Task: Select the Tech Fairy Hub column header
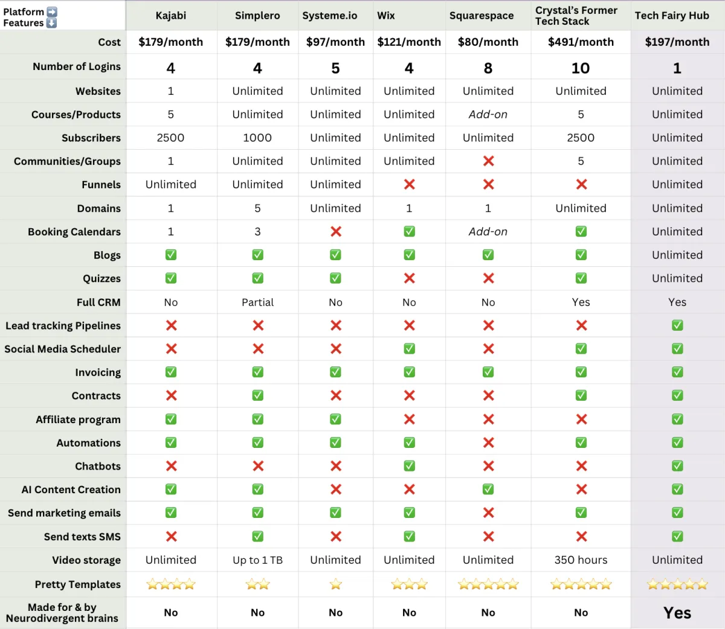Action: [672, 16]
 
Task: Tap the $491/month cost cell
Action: [581, 42]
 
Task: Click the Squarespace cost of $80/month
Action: [488, 42]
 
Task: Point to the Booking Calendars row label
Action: [74, 232]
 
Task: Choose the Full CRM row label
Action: [98, 302]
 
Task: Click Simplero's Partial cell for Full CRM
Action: [257, 302]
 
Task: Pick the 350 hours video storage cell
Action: [581, 560]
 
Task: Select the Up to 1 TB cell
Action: [257, 560]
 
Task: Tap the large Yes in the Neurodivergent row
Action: [677, 613]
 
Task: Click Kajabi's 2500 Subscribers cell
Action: [170, 138]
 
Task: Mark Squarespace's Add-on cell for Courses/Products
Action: [488, 115]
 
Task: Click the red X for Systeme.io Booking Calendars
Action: [336, 232]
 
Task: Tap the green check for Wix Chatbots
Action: [409, 466]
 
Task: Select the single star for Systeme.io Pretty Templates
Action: [336, 584]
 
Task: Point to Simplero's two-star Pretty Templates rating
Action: [257, 584]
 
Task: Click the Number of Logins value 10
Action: [581, 68]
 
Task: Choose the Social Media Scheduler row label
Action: [63, 349]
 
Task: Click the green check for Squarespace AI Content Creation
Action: [488, 490]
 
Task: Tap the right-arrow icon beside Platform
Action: [52, 12]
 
